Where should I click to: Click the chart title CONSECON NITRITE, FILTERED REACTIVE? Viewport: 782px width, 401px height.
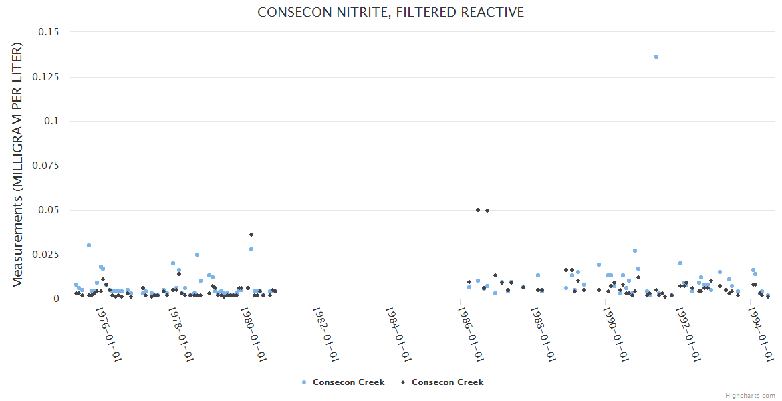click(390, 13)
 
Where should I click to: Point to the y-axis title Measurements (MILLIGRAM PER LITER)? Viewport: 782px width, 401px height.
click(17, 165)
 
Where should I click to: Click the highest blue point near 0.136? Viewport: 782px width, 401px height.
click(656, 57)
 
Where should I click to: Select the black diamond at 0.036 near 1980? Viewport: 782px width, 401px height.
click(251, 235)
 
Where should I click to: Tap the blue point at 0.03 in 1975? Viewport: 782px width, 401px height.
click(89, 245)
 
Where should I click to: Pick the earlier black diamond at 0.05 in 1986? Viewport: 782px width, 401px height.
click(478, 210)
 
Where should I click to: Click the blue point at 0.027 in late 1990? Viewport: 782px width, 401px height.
click(635, 251)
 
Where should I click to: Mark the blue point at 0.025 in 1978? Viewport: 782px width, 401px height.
click(197, 255)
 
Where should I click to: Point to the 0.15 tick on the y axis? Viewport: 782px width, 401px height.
click(48, 32)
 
